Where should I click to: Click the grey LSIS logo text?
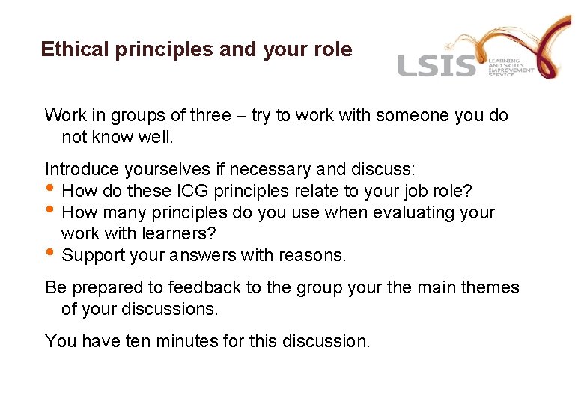[437, 65]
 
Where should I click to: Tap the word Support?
[91, 256]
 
